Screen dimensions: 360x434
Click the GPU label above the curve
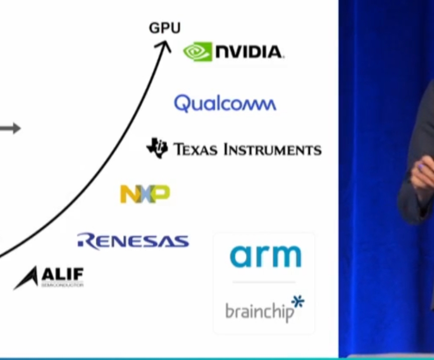pyautogui.click(x=164, y=28)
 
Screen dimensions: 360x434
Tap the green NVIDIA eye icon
pyautogui.click(x=198, y=51)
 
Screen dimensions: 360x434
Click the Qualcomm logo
pyautogui.click(x=225, y=104)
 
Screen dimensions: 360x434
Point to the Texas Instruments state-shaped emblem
pyautogui.click(x=157, y=148)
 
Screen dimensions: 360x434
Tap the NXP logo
pyautogui.click(x=145, y=194)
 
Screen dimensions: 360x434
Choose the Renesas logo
pyautogui.click(x=133, y=242)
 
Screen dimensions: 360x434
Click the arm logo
pyautogui.click(x=265, y=256)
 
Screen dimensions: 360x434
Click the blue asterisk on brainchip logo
pyautogui.click(x=298, y=302)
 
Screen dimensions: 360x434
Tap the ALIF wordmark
pyautogui.click(x=62, y=274)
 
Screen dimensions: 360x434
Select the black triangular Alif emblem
pyautogui.click(x=27, y=279)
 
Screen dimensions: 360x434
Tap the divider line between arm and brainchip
pyautogui.click(x=264, y=282)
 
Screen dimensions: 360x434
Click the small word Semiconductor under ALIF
pyautogui.click(x=62, y=285)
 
